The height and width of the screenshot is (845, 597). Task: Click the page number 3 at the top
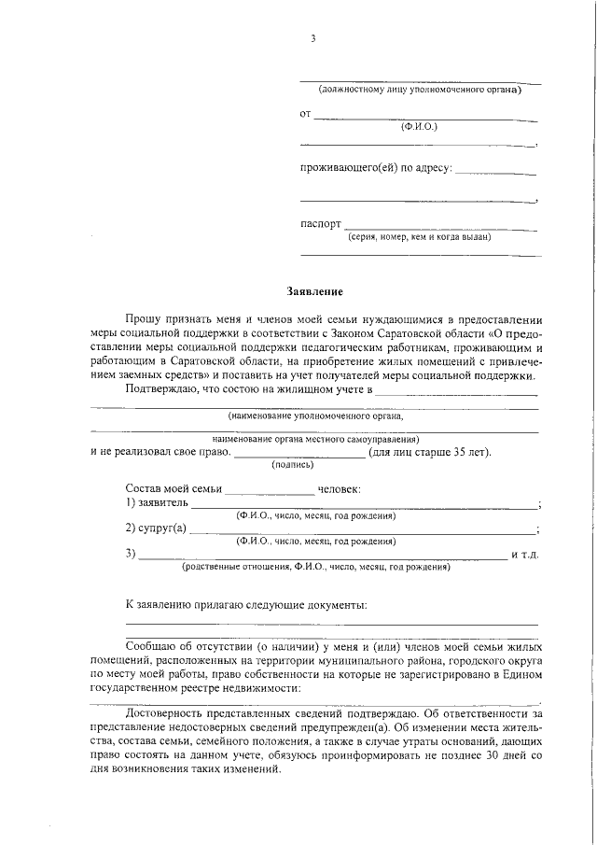[x=314, y=38]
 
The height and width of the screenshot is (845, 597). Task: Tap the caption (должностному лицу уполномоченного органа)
[x=420, y=90]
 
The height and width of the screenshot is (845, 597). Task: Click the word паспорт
[x=320, y=225]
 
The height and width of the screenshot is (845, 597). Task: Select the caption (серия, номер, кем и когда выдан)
[x=421, y=236]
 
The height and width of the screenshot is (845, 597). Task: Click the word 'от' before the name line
[x=305, y=115]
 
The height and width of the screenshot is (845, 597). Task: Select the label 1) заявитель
[x=157, y=502]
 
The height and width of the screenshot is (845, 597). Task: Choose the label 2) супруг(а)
[x=156, y=528]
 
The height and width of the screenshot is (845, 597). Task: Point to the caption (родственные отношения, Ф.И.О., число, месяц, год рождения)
[x=315, y=566]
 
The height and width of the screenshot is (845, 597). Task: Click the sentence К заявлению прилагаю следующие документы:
[x=245, y=605]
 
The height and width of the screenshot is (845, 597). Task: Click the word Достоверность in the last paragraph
[x=166, y=711]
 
